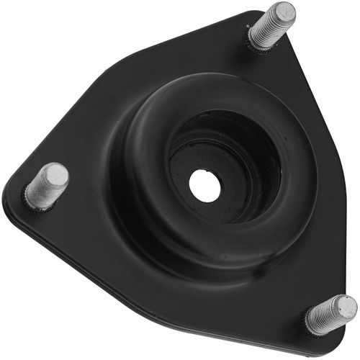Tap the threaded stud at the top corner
coord(271,27)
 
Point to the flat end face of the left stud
coord(55,175)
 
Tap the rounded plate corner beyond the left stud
coord(11,198)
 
